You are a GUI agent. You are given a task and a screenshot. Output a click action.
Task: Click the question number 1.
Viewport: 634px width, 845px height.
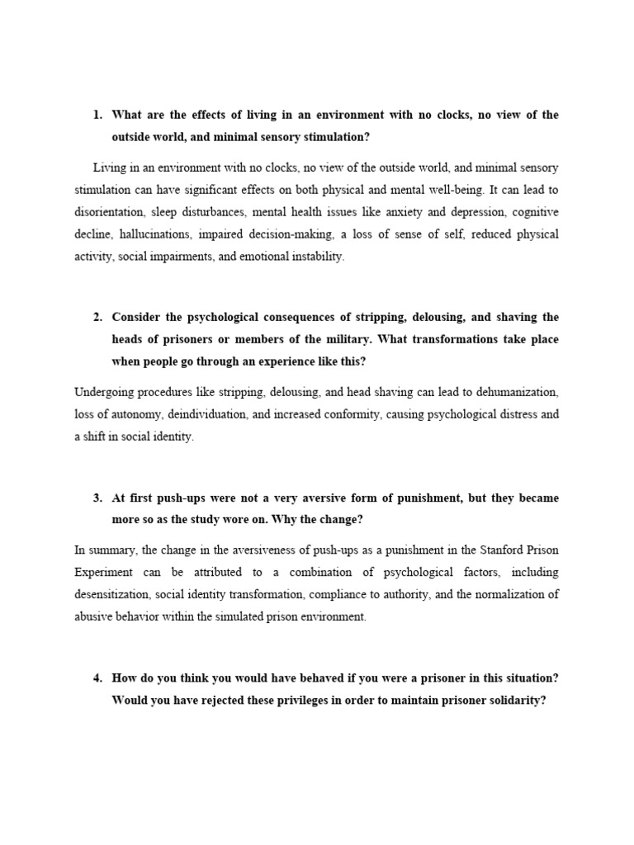pos(97,115)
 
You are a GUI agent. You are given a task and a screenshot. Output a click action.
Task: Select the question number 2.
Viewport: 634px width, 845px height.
pos(97,317)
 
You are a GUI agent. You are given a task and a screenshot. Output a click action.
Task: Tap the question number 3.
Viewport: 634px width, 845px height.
pos(97,498)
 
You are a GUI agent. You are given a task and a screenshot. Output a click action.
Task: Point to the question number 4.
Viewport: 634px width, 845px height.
pos(97,678)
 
